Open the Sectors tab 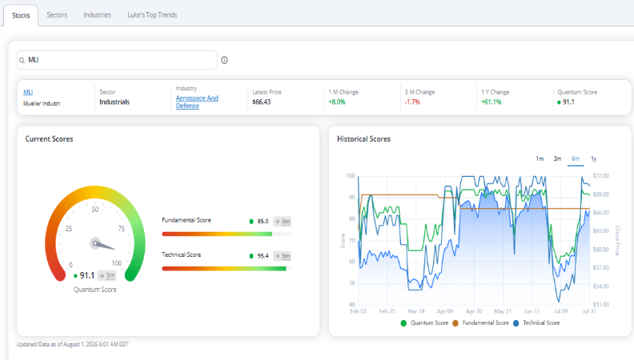(x=57, y=15)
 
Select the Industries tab (x=97, y=15)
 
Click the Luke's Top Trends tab (x=152, y=15)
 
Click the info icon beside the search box (x=224, y=60)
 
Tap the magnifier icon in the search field (x=22, y=60)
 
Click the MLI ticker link (x=28, y=92)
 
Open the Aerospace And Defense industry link (x=197, y=102)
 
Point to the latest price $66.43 (x=262, y=102)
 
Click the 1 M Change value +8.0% (x=337, y=102)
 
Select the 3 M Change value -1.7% (x=412, y=102)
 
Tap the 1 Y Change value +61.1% (x=492, y=102)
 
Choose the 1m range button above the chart (x=540, y=158)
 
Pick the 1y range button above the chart (x=593, y=158)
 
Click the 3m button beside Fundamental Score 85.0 (x=283, y=222)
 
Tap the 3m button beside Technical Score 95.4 (x=283, y=256)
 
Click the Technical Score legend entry (x=536, y=323)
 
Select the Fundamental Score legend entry (x=481, y=323)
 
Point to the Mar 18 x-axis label (x=416, y=311)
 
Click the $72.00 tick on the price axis (x=601, y=176)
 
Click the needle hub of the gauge (x=95, y=243)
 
